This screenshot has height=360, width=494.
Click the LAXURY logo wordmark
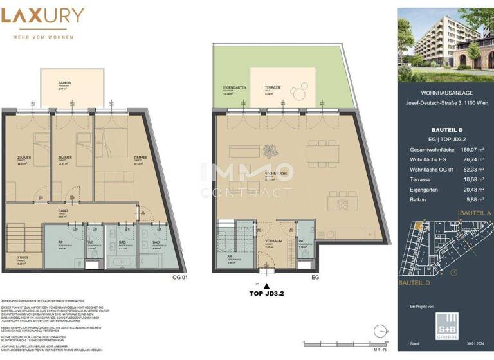point(42,15)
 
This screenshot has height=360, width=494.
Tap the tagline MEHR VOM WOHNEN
point(42,37)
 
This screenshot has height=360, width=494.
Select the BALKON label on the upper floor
point(64,82)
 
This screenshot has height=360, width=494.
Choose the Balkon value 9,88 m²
point(473,201)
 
